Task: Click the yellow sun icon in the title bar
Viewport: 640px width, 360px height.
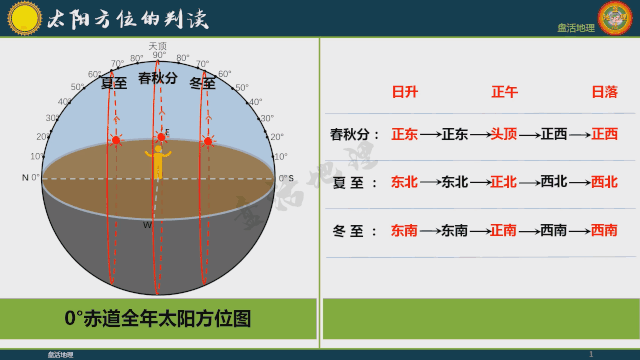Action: click(24, 16)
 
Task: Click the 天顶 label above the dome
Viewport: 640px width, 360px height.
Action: click(157, 45)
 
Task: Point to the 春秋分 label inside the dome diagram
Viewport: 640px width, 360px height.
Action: click(158, 78)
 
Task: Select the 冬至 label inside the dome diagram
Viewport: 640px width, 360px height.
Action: click(203, 83)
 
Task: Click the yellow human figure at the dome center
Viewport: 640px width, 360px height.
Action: click(157, 160)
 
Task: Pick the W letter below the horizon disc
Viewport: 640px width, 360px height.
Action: click(147, 225)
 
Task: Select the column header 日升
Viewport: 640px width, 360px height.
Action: click(404, 92)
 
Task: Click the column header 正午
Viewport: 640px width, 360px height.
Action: click(504, 92)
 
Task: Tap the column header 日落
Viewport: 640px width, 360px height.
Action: click(604, 92)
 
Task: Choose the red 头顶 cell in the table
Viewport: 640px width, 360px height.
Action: click(504, 134)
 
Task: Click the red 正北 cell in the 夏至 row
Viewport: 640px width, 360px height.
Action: click(504, 182)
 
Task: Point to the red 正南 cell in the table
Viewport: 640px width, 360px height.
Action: click(504, 230)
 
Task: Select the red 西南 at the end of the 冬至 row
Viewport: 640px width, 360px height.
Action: click(604, 230)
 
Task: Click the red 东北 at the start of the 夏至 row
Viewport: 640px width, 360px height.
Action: click(404, 182)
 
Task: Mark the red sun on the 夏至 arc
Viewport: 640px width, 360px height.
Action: click(116, 140)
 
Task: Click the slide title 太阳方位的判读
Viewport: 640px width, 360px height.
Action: click(118, 17)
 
